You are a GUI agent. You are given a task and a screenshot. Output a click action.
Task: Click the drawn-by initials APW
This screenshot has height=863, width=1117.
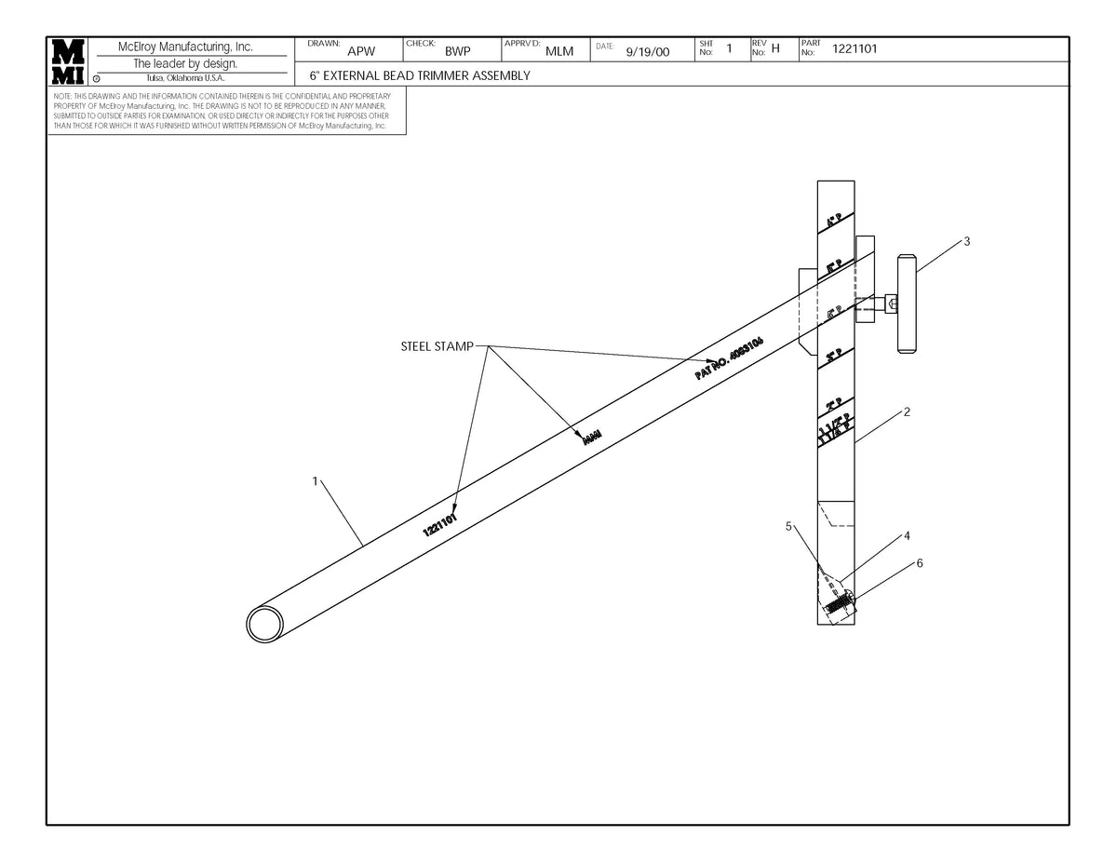[x=360, y=52]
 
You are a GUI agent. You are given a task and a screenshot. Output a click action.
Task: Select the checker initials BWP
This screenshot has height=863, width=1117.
[x=458, y=52]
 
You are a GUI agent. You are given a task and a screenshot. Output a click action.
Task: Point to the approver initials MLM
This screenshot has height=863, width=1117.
[x=558, y=52]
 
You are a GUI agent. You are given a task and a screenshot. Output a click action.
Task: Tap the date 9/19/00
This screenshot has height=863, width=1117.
[x=648, y=52]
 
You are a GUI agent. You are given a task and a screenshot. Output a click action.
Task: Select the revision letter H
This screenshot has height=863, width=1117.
[x=775, y=49]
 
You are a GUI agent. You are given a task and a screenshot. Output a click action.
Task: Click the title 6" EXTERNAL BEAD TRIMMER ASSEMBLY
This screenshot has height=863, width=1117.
[x=420, y=75]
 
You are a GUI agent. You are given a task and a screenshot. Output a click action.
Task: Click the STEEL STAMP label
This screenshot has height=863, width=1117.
[x=437, y=347]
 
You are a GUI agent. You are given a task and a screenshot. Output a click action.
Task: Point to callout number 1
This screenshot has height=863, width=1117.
[x=316, y=481]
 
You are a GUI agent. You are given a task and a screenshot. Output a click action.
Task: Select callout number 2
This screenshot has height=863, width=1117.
[x=907, y=412]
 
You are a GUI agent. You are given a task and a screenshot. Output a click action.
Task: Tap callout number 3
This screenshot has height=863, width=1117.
[x=967, y=241]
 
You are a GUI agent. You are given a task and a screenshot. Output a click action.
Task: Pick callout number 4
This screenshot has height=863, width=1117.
[x=907, y=536]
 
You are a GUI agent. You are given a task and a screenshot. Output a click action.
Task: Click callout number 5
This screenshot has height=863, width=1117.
[x=788, y=526]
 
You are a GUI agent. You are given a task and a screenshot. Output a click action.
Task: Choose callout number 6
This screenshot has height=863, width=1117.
[x=920, y=563]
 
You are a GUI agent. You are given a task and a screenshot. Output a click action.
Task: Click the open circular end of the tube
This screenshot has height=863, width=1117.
[x=265, y=624]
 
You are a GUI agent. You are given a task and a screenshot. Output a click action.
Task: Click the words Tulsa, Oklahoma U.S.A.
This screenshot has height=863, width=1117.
[x=185, y=78]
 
